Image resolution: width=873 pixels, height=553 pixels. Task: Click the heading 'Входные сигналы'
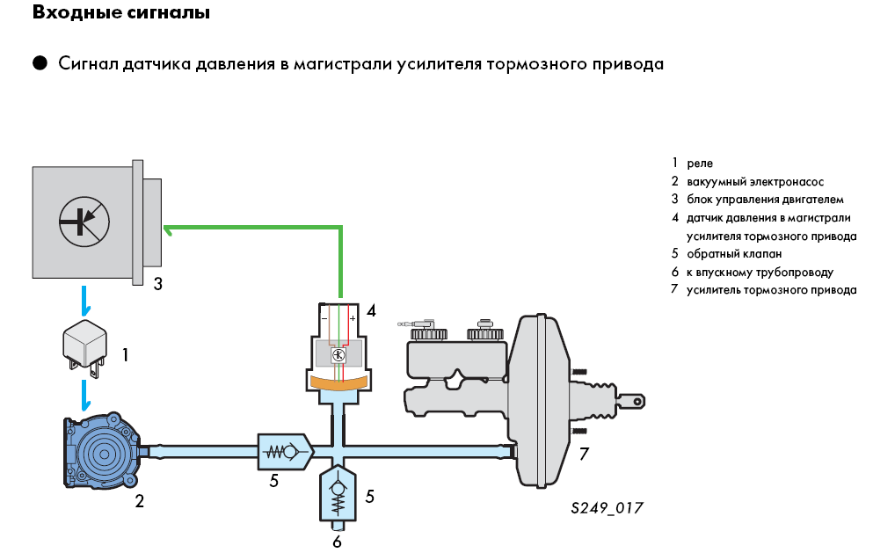121,14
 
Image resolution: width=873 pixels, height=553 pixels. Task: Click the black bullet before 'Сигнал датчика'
39,63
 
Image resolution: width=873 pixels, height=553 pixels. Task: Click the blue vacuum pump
103,452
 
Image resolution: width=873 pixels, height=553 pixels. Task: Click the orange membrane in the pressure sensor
338,382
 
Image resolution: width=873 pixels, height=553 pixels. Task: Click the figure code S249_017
607,509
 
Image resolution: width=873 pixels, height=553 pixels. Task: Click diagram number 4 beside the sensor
372,310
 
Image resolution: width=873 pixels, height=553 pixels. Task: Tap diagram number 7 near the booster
584,454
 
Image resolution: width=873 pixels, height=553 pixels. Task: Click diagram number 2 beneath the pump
139,502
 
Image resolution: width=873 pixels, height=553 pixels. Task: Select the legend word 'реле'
700,164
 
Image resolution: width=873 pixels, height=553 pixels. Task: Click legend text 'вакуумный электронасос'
755,182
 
